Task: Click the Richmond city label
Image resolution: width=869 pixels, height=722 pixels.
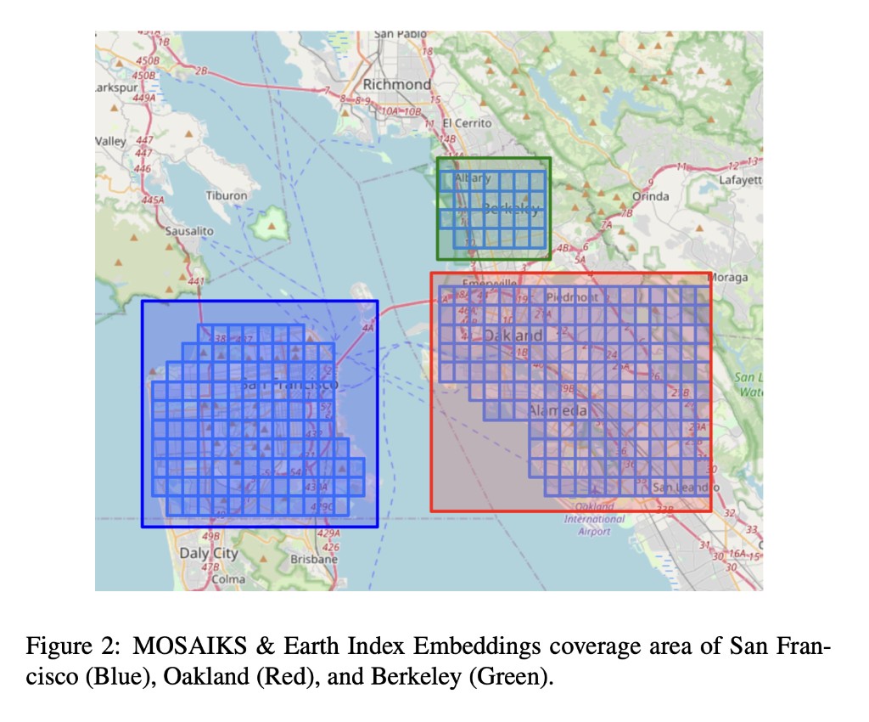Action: coord(396,84)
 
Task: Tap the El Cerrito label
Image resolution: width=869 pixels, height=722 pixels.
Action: coord(467,123)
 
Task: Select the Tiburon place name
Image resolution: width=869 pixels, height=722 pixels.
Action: coord(226,195)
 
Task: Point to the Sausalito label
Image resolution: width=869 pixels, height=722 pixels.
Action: coord(189,230)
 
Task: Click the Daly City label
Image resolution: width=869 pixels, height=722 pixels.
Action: coord(209,553)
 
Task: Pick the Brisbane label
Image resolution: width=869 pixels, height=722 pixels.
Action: coord(313,560)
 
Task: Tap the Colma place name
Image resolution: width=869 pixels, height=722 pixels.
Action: coord(228,579)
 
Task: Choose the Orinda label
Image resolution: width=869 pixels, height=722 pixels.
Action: coord(650,196)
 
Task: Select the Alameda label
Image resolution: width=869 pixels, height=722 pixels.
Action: coord(558,411)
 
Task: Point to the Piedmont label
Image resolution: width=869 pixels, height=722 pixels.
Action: coord(572,297)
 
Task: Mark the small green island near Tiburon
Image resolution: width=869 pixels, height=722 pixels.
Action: coord(272,223)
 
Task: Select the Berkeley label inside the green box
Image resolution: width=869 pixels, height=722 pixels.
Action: coord(510,209)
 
